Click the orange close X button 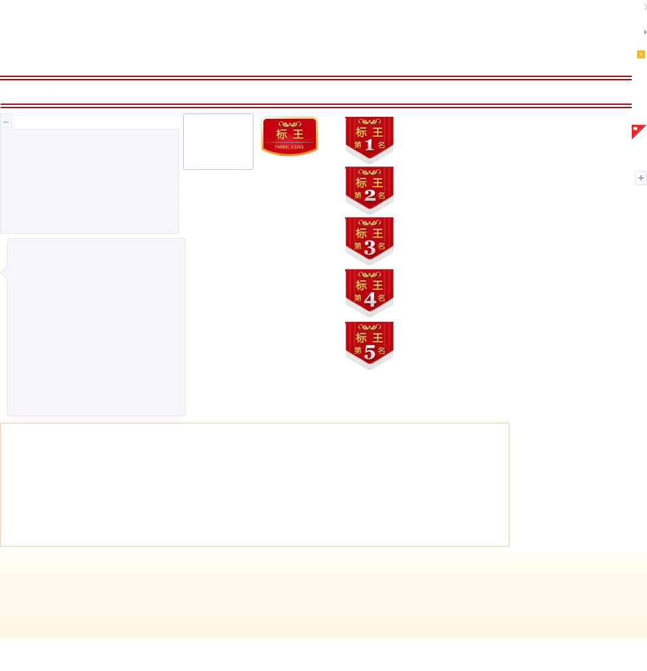(x=641, y=54)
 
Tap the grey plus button (x=641, y=178)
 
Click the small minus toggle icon (x=6, y=122)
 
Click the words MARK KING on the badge (x=289, y=147)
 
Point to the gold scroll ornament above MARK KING (x=289, y=124)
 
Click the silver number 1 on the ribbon (x=370, y=144)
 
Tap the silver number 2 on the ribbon (x=370, y=195)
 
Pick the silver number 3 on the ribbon (x=370, y=247)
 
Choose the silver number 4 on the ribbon (x=370, y=299)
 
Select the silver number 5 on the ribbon (x=370, y=352)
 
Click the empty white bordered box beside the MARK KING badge (x=218, y=141)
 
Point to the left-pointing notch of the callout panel (x=4, y=272)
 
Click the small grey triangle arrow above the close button (x=645, y=32)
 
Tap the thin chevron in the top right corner (x=645, y=7)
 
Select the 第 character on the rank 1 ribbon (x=358, y=145)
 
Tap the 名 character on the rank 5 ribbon (x=382, y=350)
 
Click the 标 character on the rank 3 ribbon (x=361, y=233)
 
